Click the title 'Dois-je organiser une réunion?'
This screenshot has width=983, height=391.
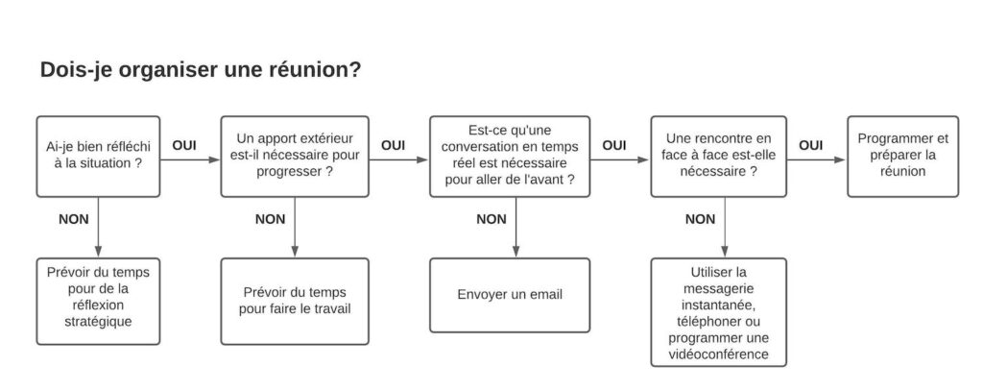(201, 70)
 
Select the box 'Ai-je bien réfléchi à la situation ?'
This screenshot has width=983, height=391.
(98, 157)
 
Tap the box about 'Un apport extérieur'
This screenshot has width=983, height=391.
(295, 157)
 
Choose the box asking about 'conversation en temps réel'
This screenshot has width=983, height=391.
(510, 157)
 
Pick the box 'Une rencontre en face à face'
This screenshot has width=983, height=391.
(718, 157)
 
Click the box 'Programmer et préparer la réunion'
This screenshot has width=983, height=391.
(902, 157)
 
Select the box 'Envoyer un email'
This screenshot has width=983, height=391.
(510, 295)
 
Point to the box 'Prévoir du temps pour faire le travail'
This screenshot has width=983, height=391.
(295, 302)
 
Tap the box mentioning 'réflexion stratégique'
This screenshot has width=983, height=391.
(98, 302)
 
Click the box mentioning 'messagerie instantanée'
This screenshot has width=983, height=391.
(718, 312)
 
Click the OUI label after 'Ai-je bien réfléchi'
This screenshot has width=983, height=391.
(184, 146)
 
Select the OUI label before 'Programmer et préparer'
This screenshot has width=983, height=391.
(810, 146)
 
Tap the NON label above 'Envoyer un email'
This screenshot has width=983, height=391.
(491, 219)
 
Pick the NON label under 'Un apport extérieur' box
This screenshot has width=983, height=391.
(270, 219)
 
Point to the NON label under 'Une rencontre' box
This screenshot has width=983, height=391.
(700, 219)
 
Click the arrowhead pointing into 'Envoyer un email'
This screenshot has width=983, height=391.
(515, 252)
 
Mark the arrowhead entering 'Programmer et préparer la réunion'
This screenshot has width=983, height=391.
(840, 159)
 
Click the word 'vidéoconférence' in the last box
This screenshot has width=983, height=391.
(718, 354)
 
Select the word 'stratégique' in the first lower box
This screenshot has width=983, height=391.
(99, 323)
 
